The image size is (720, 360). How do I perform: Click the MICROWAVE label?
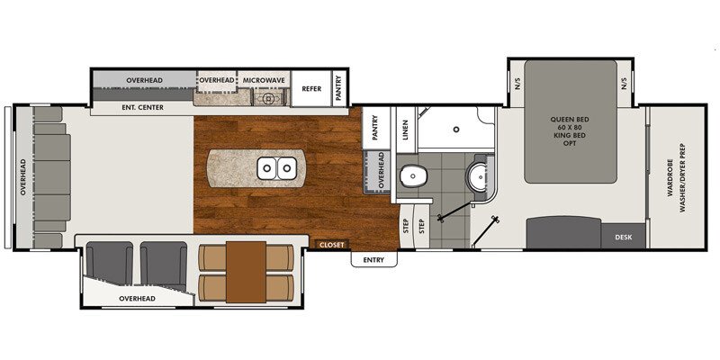(264, 81)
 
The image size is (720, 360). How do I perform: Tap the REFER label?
(311, 88)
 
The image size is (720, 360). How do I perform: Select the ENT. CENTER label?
(141, 107)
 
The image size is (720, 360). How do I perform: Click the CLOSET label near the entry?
(334, 244)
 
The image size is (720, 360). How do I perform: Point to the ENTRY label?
(373, 260)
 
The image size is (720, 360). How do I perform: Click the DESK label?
(624, 238)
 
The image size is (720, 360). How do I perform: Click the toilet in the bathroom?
(415, 177)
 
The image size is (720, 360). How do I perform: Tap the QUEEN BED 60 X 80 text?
(570, 125)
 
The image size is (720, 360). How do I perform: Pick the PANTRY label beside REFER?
(339, 88)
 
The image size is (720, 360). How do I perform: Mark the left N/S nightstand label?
(517, 84)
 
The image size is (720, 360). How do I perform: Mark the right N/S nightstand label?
(623, 84)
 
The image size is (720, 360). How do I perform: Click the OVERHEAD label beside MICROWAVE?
(217, 81)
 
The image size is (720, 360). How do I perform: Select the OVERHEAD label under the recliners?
(139, 298)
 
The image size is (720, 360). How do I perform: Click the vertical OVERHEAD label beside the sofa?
(22, 177)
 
